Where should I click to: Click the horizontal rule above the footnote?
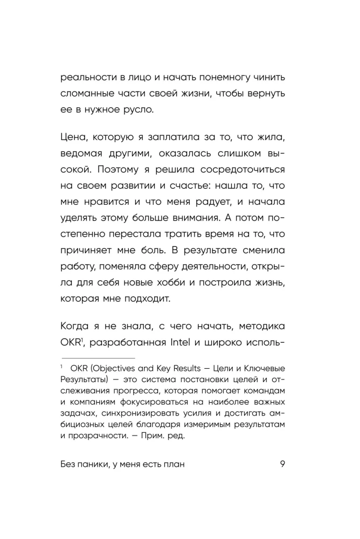(98, 358)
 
